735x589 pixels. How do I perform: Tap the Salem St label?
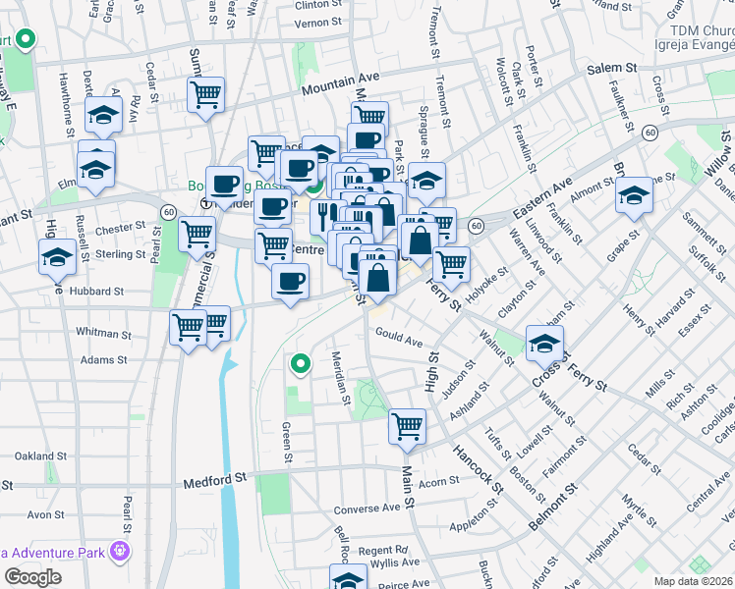(613, 69)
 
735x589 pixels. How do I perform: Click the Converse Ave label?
(367, 509)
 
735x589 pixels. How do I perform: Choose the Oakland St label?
(40, 455)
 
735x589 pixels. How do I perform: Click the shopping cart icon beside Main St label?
(407, 426)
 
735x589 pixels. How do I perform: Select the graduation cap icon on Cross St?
(543, 344)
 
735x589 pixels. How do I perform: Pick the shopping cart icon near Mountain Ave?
(207, 95)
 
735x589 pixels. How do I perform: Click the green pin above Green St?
(300, 364)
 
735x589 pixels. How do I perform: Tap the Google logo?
(32, 577)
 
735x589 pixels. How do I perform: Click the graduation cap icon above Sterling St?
(58, 257)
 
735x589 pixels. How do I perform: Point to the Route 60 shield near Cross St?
(650, 131)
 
